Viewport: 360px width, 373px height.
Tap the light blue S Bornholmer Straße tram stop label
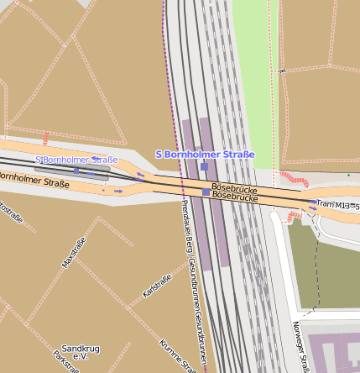[x=76, y=160]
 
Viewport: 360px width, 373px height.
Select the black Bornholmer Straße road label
[x=34, y=179]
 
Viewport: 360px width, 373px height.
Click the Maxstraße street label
[x=75, y=252]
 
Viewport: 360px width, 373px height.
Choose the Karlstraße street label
[x=157, y=286]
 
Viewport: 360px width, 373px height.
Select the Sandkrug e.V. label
[x=81, y=352]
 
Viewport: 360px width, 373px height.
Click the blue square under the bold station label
[x=204, y=166]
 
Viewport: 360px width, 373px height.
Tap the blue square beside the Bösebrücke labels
[x=206, y=192]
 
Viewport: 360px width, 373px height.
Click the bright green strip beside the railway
[x=252, y=84]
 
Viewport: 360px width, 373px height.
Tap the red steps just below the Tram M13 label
[x=295, y=218]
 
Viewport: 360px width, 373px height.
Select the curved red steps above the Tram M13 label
[x=295, y=179]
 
